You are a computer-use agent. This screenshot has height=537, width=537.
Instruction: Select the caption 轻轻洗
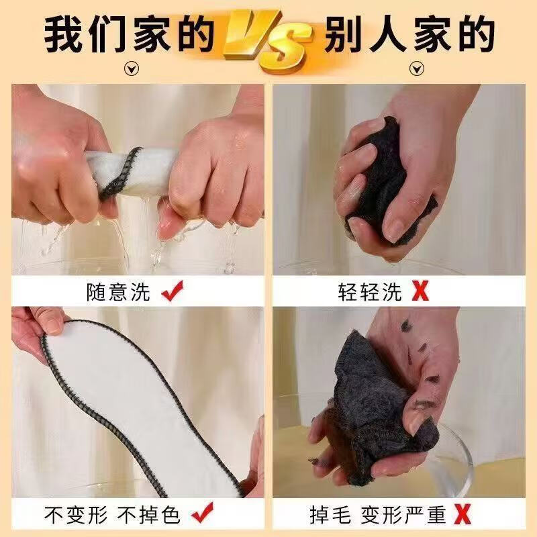(x=370, y=292)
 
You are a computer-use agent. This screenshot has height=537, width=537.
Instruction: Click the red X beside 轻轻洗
(x=420, y=292)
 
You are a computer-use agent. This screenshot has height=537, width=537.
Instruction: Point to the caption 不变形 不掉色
(x=112, y=515)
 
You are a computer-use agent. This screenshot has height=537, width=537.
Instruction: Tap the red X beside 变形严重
(x=461, y=515)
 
